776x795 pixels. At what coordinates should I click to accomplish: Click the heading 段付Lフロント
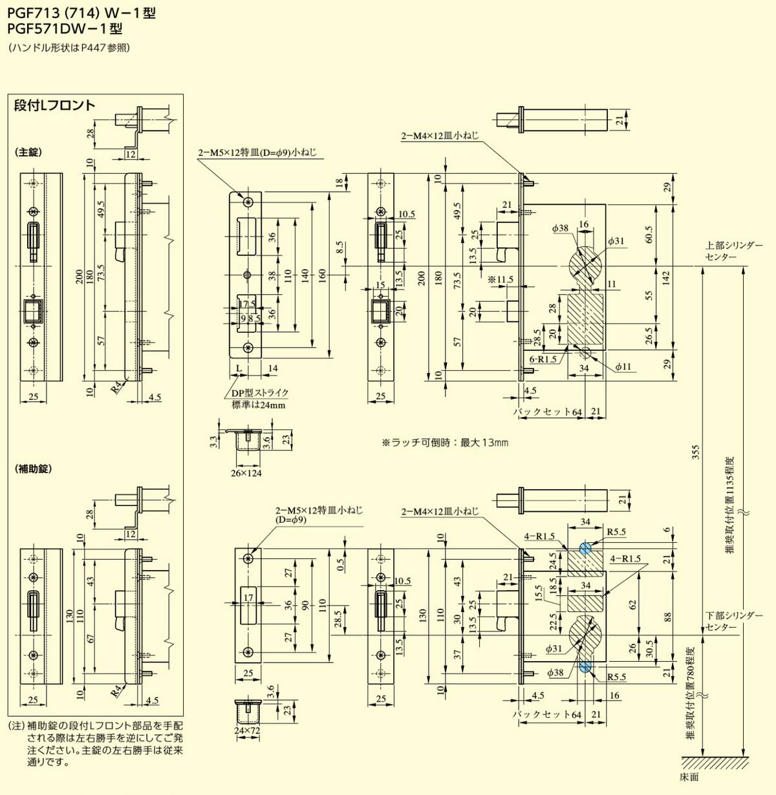[x=54, y=106]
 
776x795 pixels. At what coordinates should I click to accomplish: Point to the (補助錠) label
[x=32, y=469]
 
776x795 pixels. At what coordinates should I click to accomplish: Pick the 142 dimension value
[x=666, y=277]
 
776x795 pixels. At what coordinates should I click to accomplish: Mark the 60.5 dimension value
[x=649, y=235]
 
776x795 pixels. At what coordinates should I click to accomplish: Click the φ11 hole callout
[x=623, y=366]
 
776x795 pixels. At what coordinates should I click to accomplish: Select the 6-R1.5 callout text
[x=543, y=359]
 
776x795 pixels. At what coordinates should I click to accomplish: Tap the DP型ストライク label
[x=260, y=393]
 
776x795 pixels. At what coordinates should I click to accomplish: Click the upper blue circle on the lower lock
[x=585, y=548]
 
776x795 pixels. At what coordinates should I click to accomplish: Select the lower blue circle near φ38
[x=585, y=666]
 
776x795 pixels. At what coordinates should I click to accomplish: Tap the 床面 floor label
[x=690, y=776]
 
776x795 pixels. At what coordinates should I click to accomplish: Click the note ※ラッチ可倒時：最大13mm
[x=445, y=443]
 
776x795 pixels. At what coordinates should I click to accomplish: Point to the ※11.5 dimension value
[x=501, y=279]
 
